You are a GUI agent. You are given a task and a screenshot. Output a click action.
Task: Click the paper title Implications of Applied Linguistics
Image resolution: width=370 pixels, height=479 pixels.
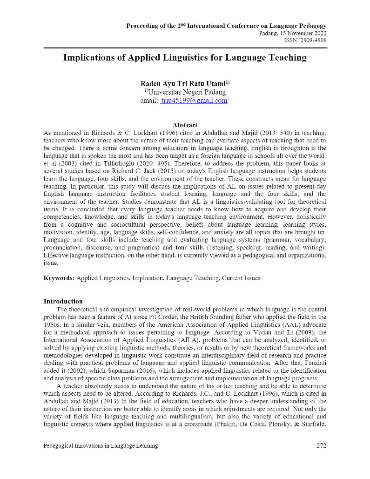185,58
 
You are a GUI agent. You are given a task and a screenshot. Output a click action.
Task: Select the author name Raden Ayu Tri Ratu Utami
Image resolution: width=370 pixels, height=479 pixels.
184,84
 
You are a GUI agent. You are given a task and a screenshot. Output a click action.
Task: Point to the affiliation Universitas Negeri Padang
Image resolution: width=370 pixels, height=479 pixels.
187,92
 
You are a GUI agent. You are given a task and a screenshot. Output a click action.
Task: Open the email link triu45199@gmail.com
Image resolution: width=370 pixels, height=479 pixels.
194,101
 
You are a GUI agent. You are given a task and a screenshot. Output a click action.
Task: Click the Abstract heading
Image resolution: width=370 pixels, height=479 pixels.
185,125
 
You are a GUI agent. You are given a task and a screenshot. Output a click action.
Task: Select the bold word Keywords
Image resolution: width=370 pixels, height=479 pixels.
59,278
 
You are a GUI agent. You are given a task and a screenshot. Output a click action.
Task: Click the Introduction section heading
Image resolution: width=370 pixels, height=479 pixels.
63,301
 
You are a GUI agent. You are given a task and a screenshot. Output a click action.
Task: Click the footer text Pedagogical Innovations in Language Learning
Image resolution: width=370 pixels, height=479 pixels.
101,445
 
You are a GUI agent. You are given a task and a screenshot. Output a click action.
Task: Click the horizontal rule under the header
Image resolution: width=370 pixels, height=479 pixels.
185,48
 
